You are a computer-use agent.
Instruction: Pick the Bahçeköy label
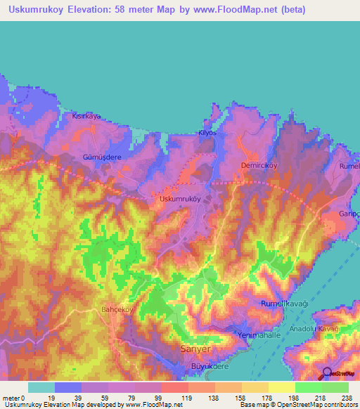coord(117,309)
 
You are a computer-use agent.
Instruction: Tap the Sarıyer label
coord(196,348)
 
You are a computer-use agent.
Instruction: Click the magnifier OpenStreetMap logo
coord(326,375)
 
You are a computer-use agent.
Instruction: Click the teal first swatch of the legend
coord(41,387)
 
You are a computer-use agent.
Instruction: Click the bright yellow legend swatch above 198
coord(282,387)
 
